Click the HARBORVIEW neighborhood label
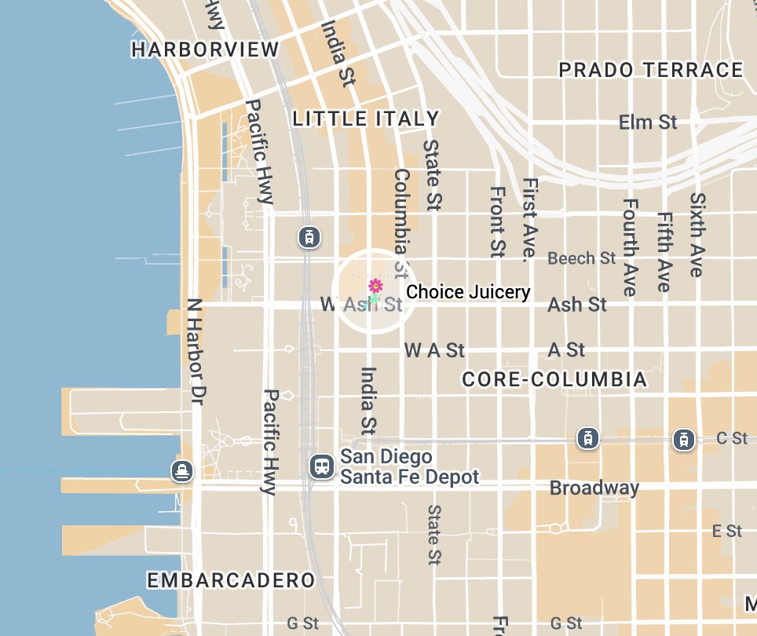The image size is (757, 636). pyautogui.click(x=205, y=49)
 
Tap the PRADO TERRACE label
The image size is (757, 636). pyautogui.click(x=650, y=70)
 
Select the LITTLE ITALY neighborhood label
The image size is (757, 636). pyautogui.click(x=365, y=119)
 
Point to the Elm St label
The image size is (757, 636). pyautogui.click(x=648, y=122)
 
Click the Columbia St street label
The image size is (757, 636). pyautogui.click(x=402, y=222)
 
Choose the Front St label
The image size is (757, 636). pyautogui.click(x=496, y=221)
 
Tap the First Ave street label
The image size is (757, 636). pyautogui.click(x=530, y=218)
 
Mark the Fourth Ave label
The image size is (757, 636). pyautogui.click(x=629, y=247)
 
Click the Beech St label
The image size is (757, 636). pyautogui.click(x=582, y=258)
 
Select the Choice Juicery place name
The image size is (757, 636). pyautogui.click(x=468, y=292)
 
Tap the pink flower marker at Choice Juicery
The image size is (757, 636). pyautogui.click(x=375, y=286)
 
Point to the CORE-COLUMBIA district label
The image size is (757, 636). pyautogui.click(x=554, y=380)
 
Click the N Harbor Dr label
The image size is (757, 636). pyautogui.click(x=196, y=351)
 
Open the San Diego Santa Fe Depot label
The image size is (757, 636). pyautogui.click(x=408, y=466)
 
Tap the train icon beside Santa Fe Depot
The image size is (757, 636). pyautogui.click(x=320, y=466)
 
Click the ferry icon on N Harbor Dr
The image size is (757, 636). pyautogui.click(x=182, y=471)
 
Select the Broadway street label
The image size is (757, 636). pyautogui.click(x=594, y=488)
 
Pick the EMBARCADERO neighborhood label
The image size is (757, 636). pyautogui.click(x=231, y=580)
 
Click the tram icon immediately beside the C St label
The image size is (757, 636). pyautogui.click(x=684, y=439)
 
